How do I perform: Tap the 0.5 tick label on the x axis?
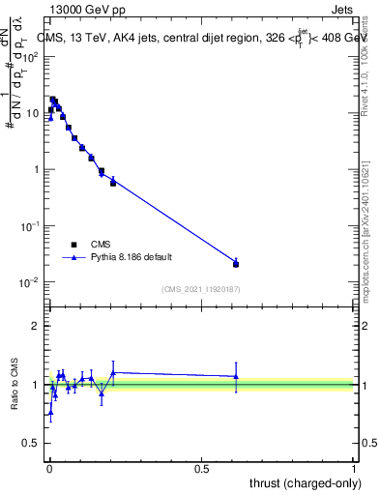(x=201, y=469)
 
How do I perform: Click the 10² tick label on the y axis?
(x=29, y=56)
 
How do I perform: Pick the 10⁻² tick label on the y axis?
(x=29, y=282)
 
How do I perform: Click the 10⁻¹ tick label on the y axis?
(x=29, y=226)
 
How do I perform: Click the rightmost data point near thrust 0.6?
(x=236, y=263)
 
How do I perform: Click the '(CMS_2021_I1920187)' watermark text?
(x=201, y=288)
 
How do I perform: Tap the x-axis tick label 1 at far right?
(x=355, y=469)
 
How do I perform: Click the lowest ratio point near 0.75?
(x=50, y=412)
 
